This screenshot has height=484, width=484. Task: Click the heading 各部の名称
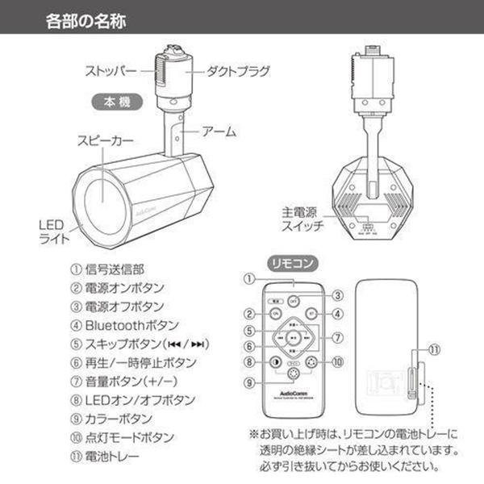pos(85,17)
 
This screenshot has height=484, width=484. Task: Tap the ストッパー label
pos(115,69)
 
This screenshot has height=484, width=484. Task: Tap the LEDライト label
pos(54,232)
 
